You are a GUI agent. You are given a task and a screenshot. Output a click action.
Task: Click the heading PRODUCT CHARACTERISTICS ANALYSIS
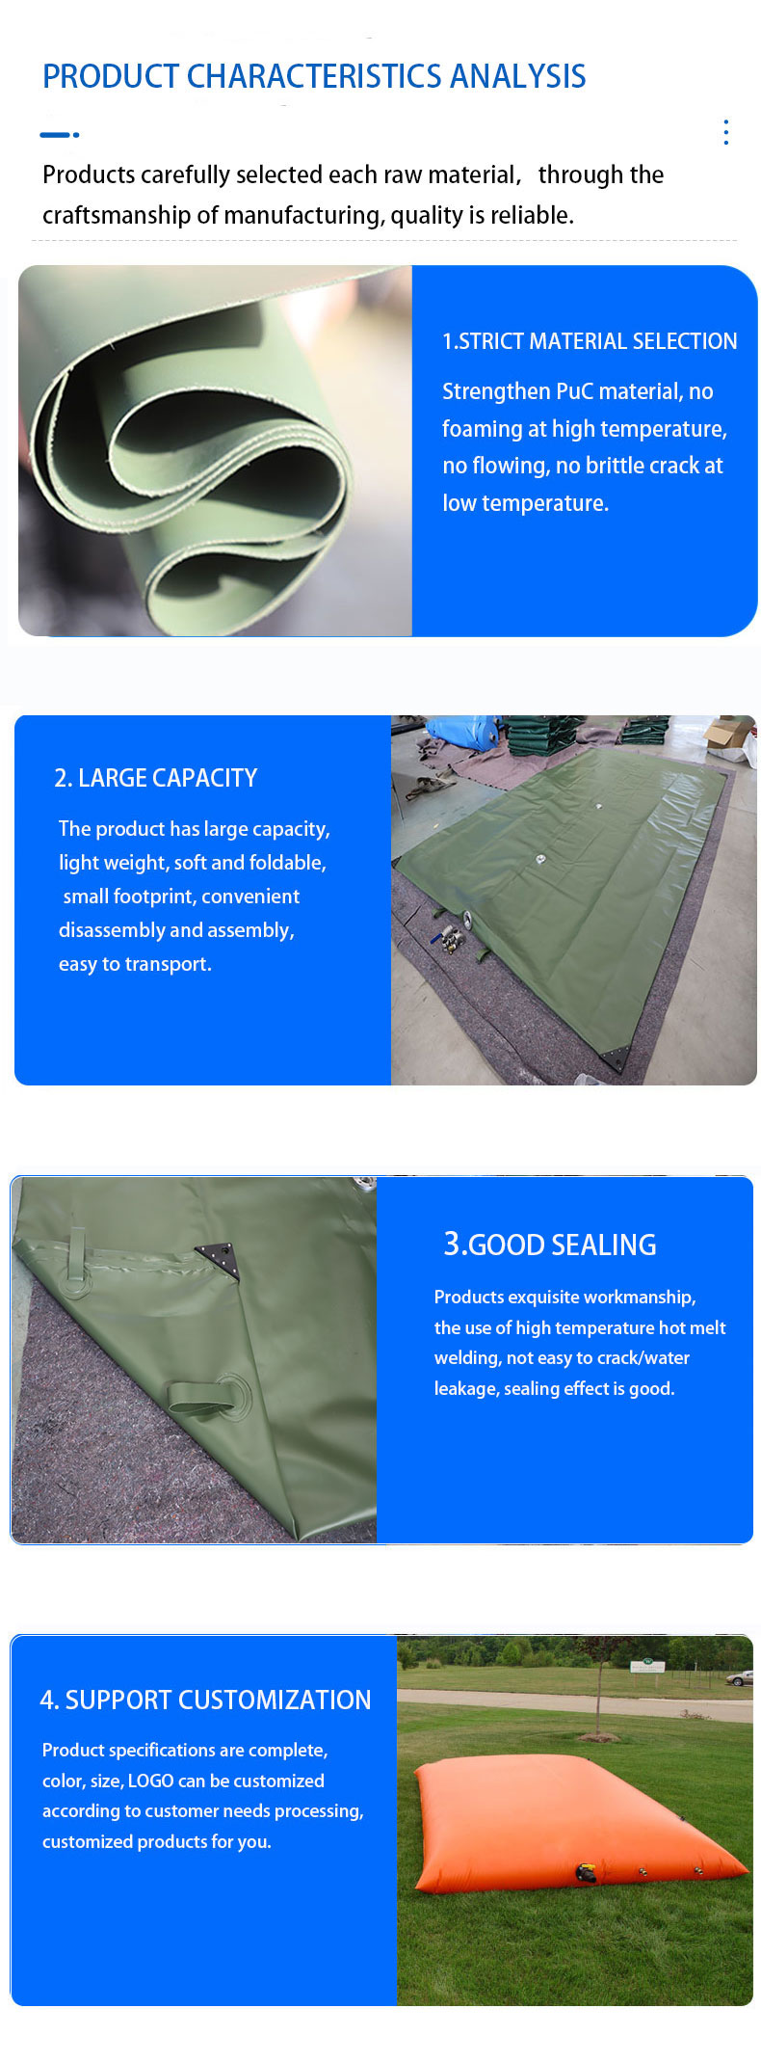[314, 76]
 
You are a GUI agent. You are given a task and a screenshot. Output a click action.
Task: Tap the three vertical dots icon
[725, 132]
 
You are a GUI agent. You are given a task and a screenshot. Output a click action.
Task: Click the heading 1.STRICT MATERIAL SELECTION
[590, 341]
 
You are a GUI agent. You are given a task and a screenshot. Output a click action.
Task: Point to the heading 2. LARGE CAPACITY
[156, 778]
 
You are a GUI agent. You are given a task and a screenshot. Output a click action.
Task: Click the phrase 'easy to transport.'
[135, 964]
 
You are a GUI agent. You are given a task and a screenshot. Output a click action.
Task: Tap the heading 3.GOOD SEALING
[549, 1245]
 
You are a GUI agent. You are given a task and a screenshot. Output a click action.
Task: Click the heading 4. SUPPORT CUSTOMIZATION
[205, 1700]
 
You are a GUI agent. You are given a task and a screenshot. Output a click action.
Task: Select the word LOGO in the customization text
[150, 1781]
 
